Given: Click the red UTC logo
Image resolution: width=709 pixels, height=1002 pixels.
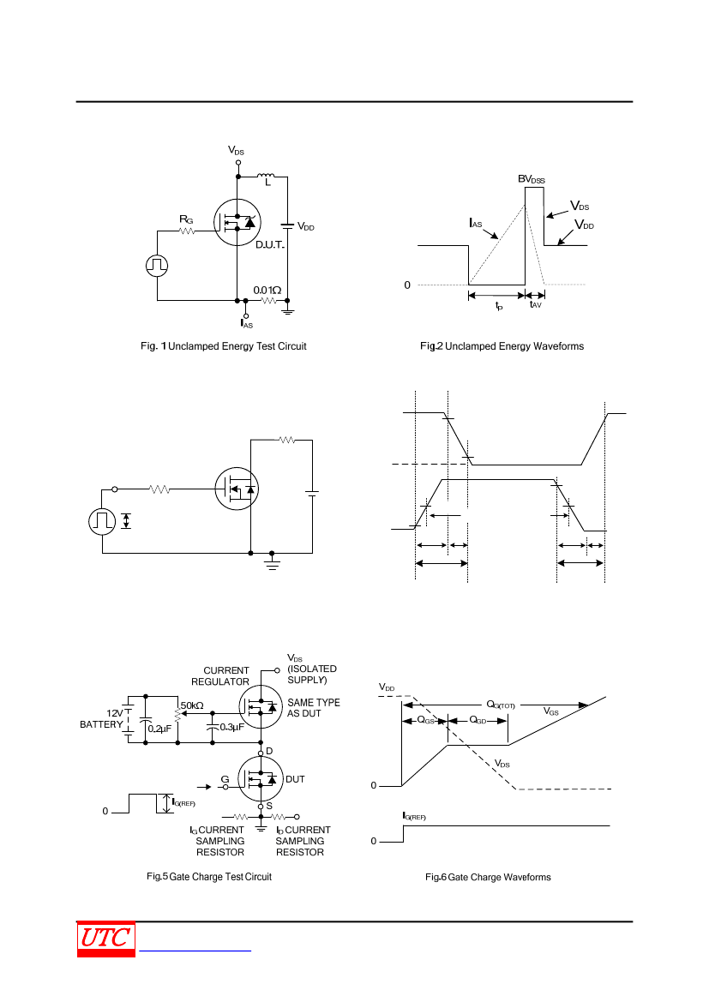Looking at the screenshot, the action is (106, 939).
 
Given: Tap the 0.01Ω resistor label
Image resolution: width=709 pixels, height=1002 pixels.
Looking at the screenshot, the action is (267, 290).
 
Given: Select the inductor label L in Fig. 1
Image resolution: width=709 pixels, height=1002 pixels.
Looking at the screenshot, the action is (267, 183).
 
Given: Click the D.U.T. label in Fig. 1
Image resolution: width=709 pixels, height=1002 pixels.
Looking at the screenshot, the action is (270, 245).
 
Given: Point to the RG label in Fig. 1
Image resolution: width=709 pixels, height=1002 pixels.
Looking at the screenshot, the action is (186, 219).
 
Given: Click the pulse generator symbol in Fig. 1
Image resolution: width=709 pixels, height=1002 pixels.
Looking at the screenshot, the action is (157, 265).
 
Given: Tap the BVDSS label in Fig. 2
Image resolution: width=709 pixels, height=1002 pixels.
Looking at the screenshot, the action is (532, 179).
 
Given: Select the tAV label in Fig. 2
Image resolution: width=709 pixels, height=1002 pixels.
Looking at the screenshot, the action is (536, 305).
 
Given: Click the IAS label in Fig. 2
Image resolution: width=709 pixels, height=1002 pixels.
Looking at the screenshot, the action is (476, 223).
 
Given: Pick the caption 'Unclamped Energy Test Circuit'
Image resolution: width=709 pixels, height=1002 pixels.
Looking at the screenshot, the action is (237, 346).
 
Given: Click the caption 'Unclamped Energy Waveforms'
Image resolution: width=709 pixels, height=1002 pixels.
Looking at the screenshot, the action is (514, 346).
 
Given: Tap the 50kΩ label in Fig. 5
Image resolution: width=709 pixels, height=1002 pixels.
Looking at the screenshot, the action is (192, 705).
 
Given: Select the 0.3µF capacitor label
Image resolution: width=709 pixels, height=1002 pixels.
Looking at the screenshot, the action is (232, 727).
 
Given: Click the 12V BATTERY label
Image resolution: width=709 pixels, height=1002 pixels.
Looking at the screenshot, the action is (102, 719).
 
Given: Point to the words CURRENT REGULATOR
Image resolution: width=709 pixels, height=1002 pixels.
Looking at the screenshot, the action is (220, 676).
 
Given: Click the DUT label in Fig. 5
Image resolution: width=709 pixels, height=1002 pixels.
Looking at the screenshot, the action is (295, 779).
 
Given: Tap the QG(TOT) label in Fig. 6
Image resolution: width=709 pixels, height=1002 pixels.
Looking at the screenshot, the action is (501, 705).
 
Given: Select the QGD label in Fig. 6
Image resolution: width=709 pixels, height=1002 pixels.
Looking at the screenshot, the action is (478, 720).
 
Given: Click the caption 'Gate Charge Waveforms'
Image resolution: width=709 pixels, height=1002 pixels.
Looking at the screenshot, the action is (499, 878).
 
